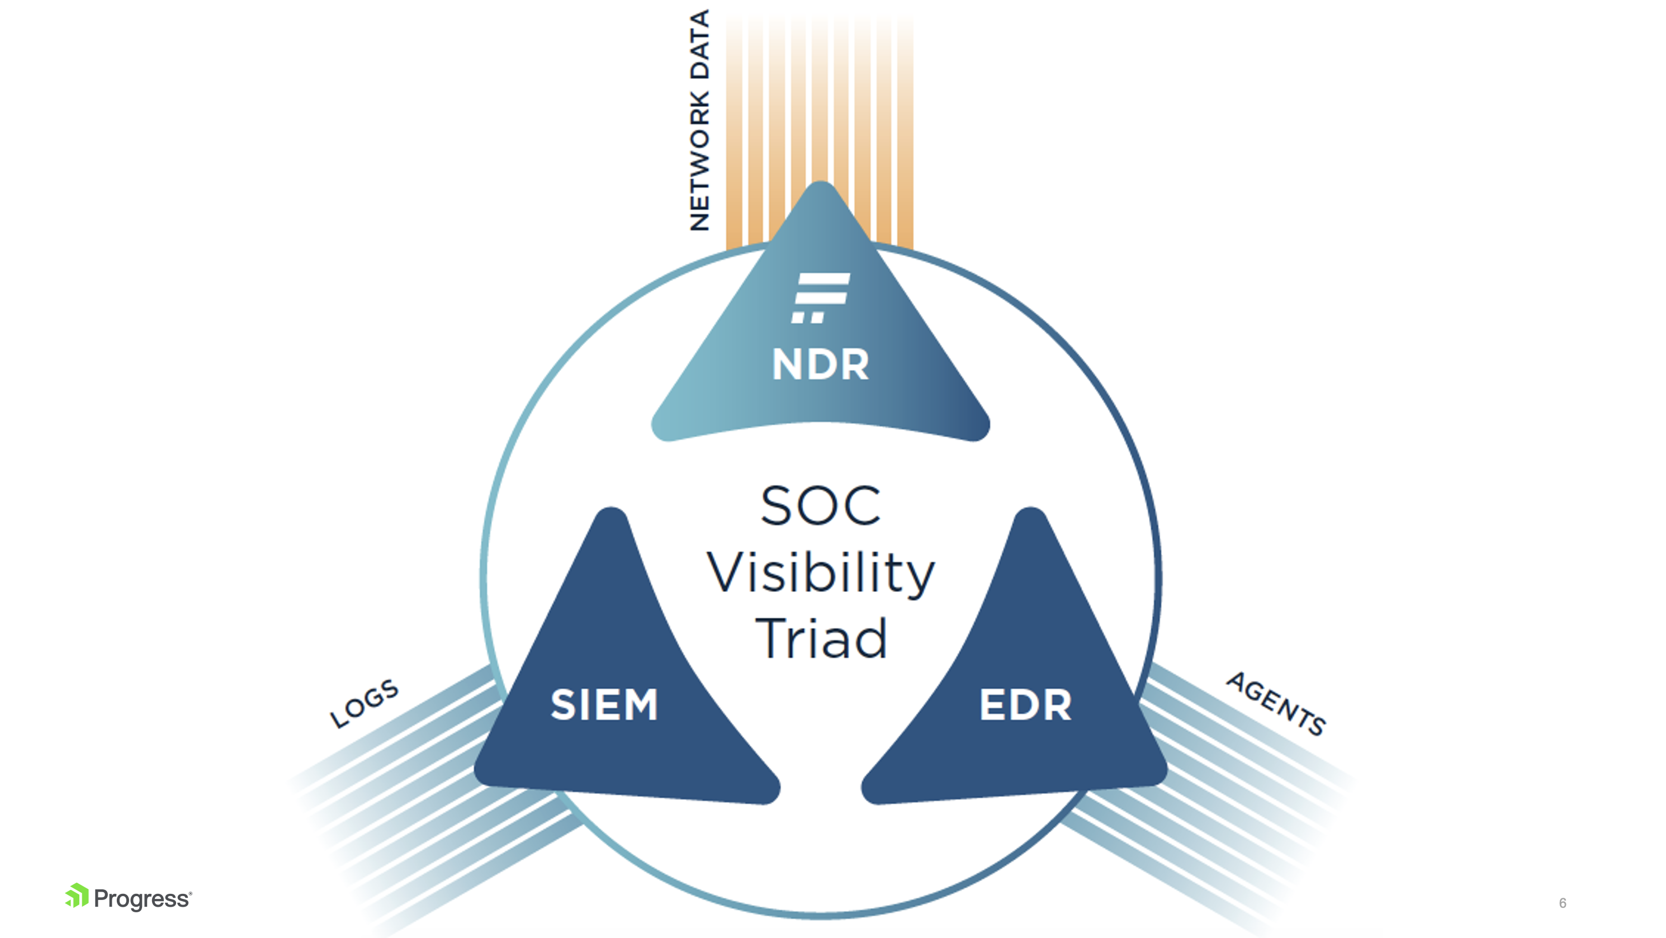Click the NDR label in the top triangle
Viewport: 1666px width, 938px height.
click(x=820, y=364)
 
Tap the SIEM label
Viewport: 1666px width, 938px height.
click(x=604, y=705)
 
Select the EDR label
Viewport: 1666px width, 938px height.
click(x=1025, y=705)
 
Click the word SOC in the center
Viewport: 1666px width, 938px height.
click(x=820, y=505)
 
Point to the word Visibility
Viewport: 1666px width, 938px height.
click(x=820, y=574)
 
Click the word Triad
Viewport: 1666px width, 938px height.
click(x=821, y=639)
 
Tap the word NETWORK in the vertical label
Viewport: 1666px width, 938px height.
click(x=699, y=161)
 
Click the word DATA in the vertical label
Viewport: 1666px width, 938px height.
click(x=699, y=45)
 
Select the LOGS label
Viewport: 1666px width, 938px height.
click(x=364, y=703)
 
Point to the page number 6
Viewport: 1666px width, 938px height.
click(x=1562, y=903)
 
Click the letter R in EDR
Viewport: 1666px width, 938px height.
click(x=1056, y=705)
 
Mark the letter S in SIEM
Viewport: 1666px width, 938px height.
click(x=562, y=705)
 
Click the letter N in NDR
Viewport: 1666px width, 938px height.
click(x=787, y=364)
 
